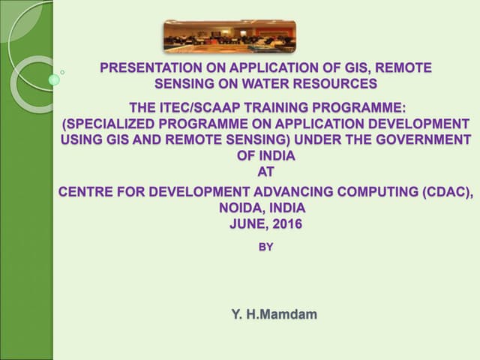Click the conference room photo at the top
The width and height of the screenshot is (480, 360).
coord(229,37)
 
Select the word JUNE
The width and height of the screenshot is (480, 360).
coord(249,223)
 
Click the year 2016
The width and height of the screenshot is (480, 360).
coord(286,223)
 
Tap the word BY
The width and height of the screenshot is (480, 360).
coord(265,246)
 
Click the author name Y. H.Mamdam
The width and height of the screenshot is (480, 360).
coord(273,313)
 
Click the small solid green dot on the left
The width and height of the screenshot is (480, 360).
coord(53,79)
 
